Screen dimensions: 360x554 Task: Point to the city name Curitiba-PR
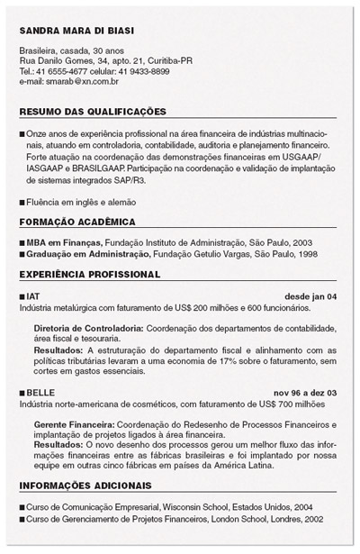pyautogui.click(x=164, y=60)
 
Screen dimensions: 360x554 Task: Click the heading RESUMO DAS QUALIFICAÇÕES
pyautogui.click(x=93, y=112)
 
